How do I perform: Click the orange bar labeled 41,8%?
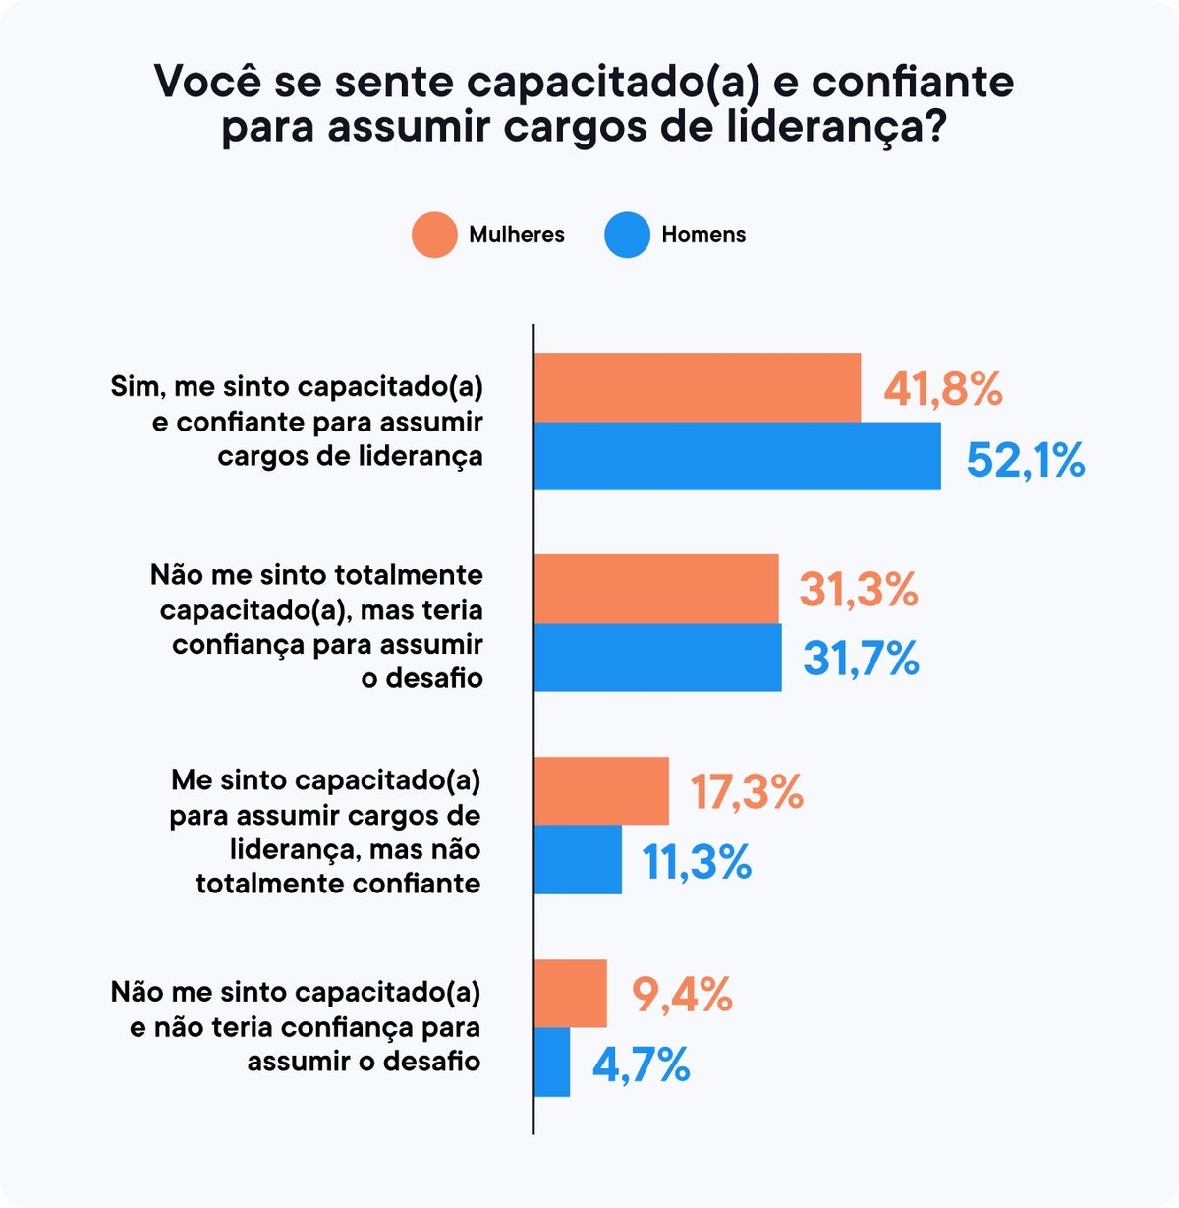coord(697,387)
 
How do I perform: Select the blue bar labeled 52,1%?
coord(737,456)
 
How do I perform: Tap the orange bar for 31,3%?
coord(656,589)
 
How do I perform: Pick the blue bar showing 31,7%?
coord(657,658)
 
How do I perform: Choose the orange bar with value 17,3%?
coord(601,791)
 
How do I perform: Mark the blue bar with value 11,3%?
coord(578,859)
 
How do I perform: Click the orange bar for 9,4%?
coord(570,993)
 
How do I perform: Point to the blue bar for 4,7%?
coord(551,1062)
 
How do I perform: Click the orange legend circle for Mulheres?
coord(434,235)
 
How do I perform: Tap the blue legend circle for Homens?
coord(628,235)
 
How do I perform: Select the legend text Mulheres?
coord(517,235)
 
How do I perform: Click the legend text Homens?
coord(703,235)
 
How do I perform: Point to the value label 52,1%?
coord(1026,460)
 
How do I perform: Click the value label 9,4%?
coord(682,995)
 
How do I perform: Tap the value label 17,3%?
coord(747,792)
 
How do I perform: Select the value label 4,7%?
coord(641,1064)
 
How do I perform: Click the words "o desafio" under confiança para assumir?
coord(421,678)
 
